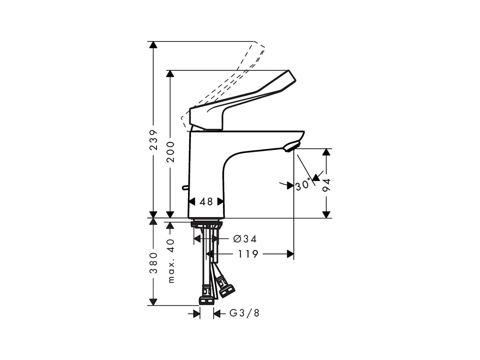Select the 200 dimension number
click(171, 152)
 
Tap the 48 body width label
click(206, 202)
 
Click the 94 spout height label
click(327, 185)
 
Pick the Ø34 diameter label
click(245, 239)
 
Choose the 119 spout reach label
click(248, 254)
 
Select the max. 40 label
click(171, 261)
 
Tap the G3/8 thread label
click(244, 313)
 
